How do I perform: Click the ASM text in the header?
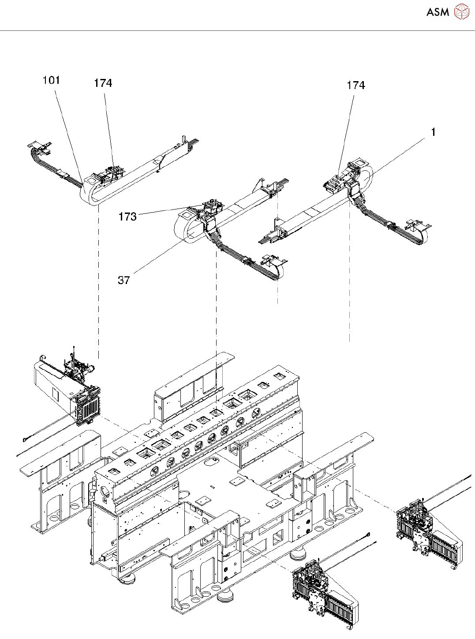coord(438,12)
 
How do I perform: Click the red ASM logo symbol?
coord(461,11)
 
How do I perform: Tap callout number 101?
coord(51,80)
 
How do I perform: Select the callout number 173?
coord(127,217)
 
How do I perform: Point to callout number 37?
coord(124,280)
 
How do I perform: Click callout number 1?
coord(433,132)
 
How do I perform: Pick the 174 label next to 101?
coord(103,83)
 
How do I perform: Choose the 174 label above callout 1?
coord(356,86)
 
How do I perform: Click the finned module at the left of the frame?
coord(88,406)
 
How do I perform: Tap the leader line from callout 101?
coord(68,132)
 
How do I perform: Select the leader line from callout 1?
coord(397,155)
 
